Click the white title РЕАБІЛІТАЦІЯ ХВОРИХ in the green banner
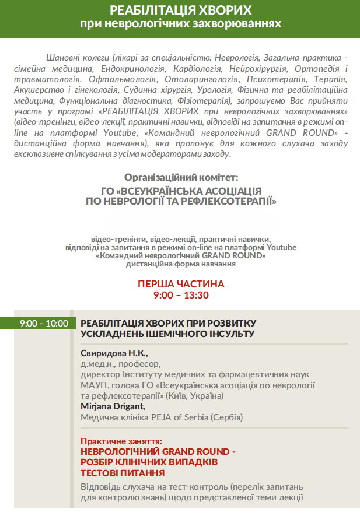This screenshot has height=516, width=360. point(180,11)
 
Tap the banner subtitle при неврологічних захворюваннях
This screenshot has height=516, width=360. point(180,24)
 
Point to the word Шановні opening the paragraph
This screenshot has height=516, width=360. point(61,58)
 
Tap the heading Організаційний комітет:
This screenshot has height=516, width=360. point(181,177)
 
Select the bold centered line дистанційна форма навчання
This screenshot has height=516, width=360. point(181,264)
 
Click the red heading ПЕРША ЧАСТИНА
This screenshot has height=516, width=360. point(181,284)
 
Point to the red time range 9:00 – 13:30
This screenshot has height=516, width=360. point(181,295)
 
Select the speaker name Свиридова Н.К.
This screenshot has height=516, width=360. point(114,354)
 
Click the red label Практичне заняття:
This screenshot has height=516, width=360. point(121,441)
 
